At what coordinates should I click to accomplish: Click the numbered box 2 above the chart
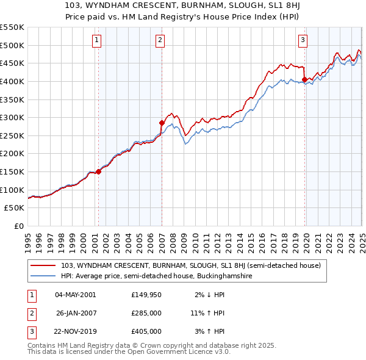[x=160, y=41]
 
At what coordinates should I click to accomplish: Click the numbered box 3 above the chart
[x=303, y=41]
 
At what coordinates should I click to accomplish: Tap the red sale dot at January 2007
[x=162, y=123]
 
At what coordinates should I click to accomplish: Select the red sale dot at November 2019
[x=304, y=79]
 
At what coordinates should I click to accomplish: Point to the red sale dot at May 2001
[x=98, y=171]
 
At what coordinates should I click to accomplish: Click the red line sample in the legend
[x=43, y=265]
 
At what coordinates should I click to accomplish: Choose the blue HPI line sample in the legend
[x=43, y=276]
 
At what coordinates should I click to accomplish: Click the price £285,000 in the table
[x=146, y=313]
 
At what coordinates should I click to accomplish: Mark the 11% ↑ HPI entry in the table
[x=207, y=313]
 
